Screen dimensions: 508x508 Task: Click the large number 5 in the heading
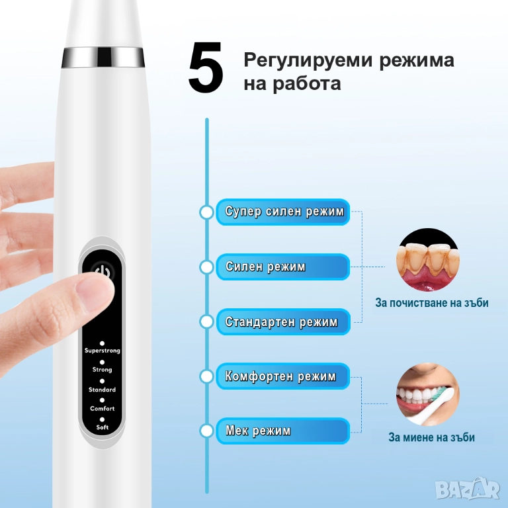point(206,67)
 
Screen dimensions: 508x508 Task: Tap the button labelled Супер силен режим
point(283,212)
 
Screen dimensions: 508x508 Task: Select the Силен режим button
point(283,267)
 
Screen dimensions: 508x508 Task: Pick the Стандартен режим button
point(283,321)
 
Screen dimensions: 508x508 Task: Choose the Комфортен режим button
point(283,376)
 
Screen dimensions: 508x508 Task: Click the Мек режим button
point(283,431)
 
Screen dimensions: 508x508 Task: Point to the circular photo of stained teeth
point(428,259)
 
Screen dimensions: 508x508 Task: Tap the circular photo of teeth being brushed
point(428,394)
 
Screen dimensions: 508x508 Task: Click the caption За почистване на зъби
point(432,303)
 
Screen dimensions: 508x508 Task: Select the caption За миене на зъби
point(431,437)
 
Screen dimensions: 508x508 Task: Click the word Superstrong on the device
point(103,351)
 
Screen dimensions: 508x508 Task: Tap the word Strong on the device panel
point(102,370)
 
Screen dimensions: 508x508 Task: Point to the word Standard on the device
point(102,390)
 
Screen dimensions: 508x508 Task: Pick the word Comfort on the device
point(103,409)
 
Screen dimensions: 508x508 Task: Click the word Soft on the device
point(103,427)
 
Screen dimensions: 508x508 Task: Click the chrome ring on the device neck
point(103,58)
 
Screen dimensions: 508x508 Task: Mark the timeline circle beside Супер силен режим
point(206,212)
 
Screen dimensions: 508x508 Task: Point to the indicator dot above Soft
point(102,419)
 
